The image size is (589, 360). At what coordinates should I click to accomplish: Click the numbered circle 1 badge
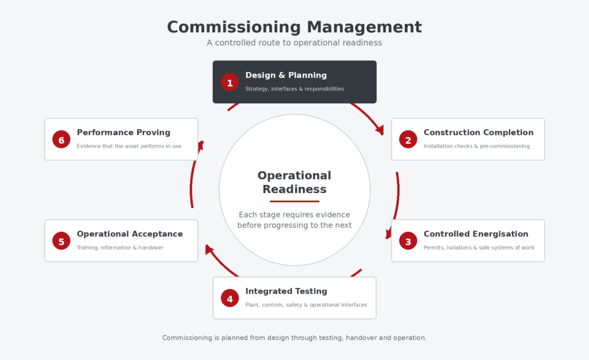pyautogui.click(x=230, y=82)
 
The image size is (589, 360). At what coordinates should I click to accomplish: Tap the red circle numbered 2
pyautogui.click(x=408, y=140)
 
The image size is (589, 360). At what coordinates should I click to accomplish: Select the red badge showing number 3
pyautogui.click(x=408, y=241)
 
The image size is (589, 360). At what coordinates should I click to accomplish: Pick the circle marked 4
pyautogui.click(x=230, y=298)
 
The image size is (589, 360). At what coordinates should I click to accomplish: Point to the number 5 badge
pyautogui.click(x=61, y=241)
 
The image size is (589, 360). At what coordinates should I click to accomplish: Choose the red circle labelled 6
pyautogui.click(x=61, y=140)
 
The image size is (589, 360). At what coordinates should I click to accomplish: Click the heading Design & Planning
pyautogui.click(x=286, y=75)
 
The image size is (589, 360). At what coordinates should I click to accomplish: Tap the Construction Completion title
pyautogui.click(x=478, y=132)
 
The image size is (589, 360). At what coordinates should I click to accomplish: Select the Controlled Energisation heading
pyautogui.click(x=476, y=234)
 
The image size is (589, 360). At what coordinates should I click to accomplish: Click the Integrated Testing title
pyautogui.click(x=286, y=292)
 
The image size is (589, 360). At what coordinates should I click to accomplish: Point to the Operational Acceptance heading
pyautogui.click(x=129, y=234)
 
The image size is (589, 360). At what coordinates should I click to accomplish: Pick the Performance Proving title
pyautogui.click(x=124, y=132)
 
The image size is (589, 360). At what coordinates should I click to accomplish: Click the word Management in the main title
pyautogui.click(x=364, y=27)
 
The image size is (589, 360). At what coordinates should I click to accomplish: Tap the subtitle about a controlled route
pyautogui.click(x=294, y=43)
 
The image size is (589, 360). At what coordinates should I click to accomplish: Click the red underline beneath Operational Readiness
pyautogui.click(x=294, y=202)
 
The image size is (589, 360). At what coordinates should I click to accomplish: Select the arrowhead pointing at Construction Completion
pyautogui.click(x=380, y=130)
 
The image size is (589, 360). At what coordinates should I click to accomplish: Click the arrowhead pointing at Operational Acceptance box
pyautogui.click(x=208, y=249)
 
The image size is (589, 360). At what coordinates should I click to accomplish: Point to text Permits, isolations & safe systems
pyautogui.click(x=479, y=248)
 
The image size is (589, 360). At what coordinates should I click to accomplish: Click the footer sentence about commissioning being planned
pyautogui.click(x=294, y=338)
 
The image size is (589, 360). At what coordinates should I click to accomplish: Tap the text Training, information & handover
pyautogui.click(x=120, y=248)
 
